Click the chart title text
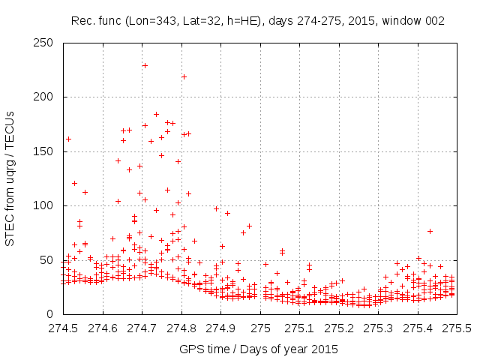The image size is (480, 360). click(x=258, y=21)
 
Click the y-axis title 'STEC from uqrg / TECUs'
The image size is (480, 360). click(x=10, y=178)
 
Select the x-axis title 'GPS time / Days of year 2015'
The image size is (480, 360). click(x=258, y=349)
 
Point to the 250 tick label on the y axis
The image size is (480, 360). click(x=46, y=43)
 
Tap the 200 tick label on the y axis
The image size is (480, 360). click(x=46, y=97)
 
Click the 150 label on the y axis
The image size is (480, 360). click(x=46, y=151)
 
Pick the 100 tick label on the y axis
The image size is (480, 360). click(x=46, y=205)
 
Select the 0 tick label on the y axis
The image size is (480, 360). click(x=52, y=314)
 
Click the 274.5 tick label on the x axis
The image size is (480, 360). click(x=63, y=328)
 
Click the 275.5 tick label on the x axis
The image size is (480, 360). click(x=457, y=328)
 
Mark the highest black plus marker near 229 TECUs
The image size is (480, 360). click(x=145, y=65)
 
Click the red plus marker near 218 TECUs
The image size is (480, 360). click(x=184, y=76)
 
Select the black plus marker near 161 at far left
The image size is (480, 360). click(x=68, y=139)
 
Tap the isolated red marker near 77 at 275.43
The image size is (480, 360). click(x=430, y=231)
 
